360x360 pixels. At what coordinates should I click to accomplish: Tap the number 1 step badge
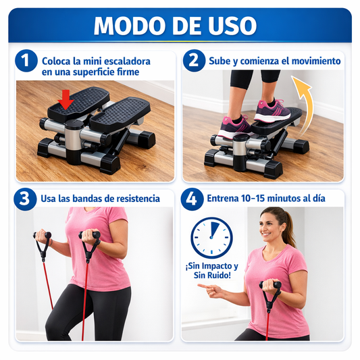click(26, 61)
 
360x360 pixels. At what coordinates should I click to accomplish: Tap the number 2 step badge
click(193, 61)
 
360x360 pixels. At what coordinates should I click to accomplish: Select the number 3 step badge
click(26, 199)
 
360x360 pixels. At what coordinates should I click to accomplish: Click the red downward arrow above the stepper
click(66, 101)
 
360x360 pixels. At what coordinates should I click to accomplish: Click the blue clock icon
click(211, 237)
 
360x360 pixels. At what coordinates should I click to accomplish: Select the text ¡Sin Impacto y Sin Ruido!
click(211, 271)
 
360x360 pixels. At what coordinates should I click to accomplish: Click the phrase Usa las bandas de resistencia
click(100, 199)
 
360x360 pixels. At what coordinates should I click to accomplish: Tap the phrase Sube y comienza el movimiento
click(274, 61)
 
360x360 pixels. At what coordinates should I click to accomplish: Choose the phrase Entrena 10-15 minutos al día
click(265, 199)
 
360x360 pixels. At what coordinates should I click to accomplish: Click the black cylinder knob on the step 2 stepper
click(240, 145)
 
